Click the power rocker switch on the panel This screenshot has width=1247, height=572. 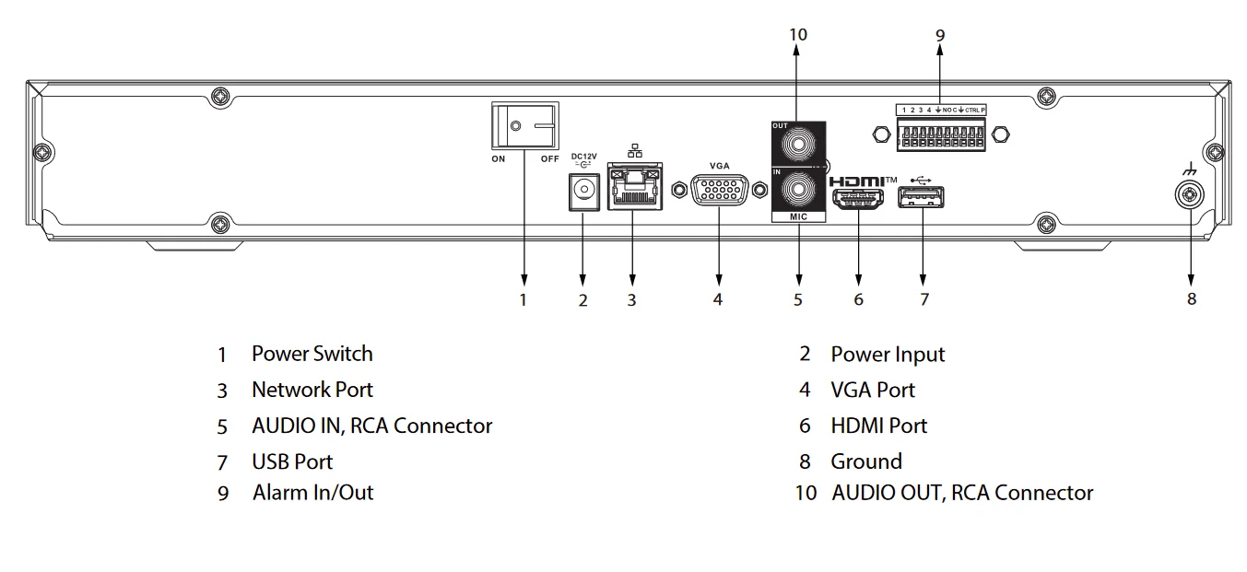point(524,125)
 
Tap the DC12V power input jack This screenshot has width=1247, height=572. point(582,190)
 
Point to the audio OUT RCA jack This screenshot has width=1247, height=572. point(798,144)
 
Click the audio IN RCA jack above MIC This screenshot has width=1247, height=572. point(798,191)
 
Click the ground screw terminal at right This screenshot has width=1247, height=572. point(1191,194)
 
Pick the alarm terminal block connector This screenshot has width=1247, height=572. point(940,134)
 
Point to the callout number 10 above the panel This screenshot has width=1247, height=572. point(798,34)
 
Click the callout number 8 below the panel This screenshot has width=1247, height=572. point(1191,298)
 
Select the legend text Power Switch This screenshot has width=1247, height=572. point(312,354)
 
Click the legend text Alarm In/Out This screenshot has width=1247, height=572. point(312,493)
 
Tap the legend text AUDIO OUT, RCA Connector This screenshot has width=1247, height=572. point(961,493)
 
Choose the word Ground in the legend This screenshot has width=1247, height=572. point(865,461)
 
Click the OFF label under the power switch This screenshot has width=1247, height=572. point(549,158)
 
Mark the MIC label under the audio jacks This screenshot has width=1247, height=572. point(798,217)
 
